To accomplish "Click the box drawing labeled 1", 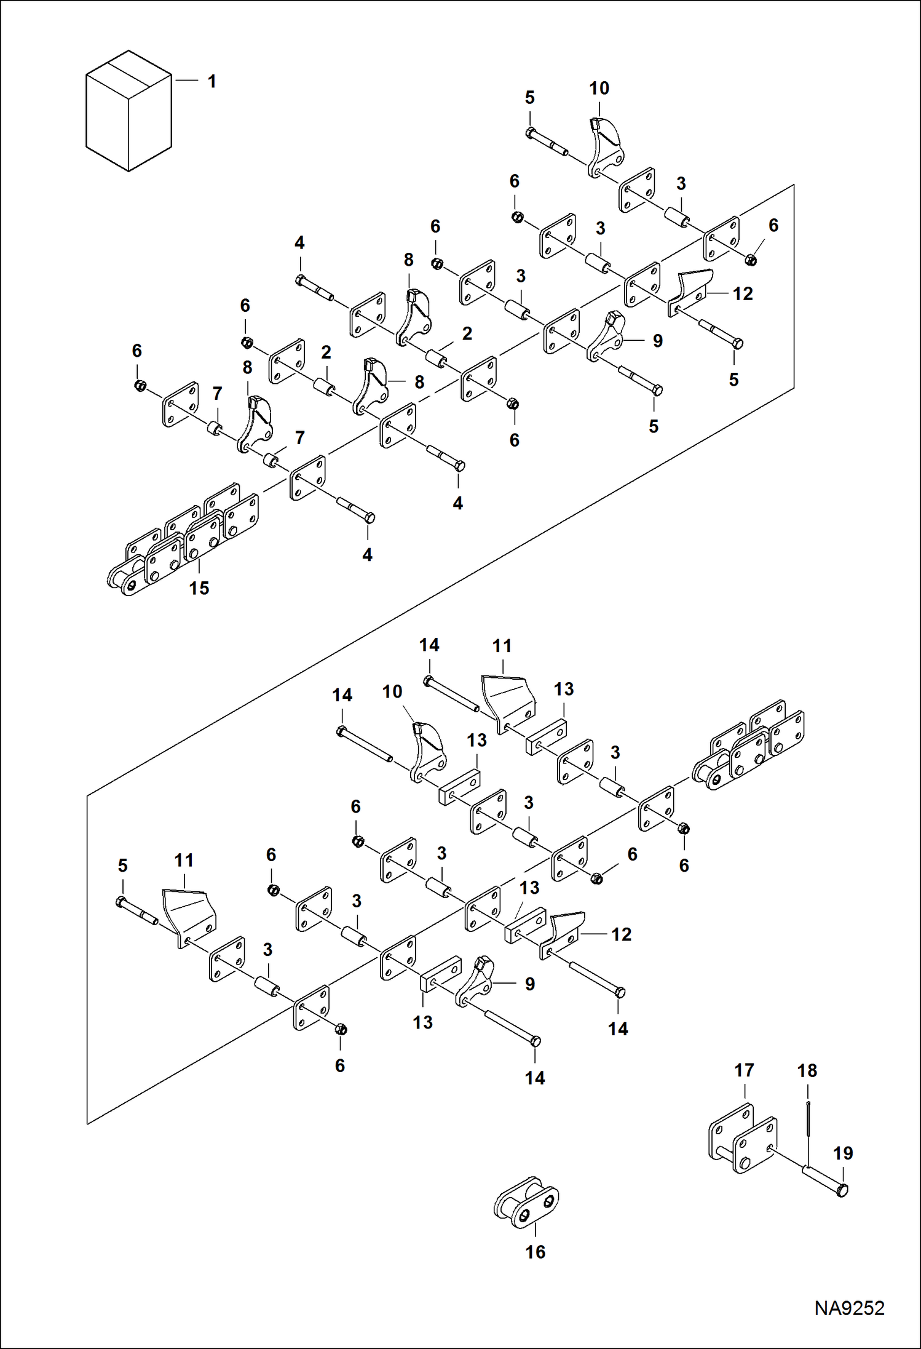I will pos(128,111).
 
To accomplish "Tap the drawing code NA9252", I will pos(849,1308).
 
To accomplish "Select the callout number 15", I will pos(199,588).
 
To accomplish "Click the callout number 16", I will pos(535,1252).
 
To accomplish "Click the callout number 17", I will pos(744,1070).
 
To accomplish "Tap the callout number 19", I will pos(843,1153).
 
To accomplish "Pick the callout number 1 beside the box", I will pos(211,81).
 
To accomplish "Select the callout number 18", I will pos(807,1071).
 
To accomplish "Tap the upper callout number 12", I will pos(743,294).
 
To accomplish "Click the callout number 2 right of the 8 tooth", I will pos(467,333).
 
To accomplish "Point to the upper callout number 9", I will pos(658,341).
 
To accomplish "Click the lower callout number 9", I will pos(529,984).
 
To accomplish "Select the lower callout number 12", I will pos(621,934).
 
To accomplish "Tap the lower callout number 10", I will pos(392,691).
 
